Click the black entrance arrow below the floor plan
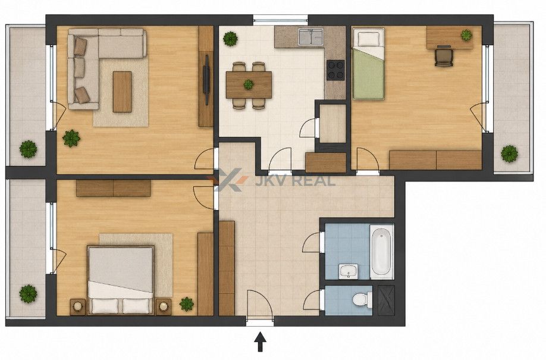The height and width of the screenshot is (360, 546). pyautogui.click(x=259, y=342)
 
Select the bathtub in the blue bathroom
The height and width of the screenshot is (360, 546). pyautogui.click(x=381, y=251)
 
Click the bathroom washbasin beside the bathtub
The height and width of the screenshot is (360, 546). pyautogui.click(x=348, y=271)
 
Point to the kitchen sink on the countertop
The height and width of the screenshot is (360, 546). pyautogui.click(x=310, y=37)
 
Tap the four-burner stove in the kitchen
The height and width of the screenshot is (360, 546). pyautogui.click(x=335, y=70)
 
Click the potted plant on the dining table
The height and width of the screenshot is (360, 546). pyautogui.click(x=248, y=84)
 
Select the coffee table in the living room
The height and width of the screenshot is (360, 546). pyautogui.click(x=122, y=92)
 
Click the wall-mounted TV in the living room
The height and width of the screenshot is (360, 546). pyautogui.click(x=206, y=80)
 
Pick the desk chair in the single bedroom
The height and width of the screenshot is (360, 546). pyautogui.click(x=444, y=56)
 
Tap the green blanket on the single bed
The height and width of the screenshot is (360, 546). pyautogui.click(x=368, y=73)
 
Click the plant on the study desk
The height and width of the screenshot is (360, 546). pyautogui.click(x=466, y=35)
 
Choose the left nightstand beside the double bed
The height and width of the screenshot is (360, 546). pyautogui.click(x=78, y=306)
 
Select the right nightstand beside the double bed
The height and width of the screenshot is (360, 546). pyautogui.click(x=164, y=306)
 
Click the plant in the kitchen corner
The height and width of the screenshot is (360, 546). pyautogui.click(x=231, y=39)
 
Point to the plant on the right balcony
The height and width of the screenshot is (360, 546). pyautogui.click(x=509, y=154)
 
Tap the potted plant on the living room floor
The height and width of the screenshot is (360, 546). pyautogui.click(x=71, y=138)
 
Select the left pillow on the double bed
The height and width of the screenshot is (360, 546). pyautogui.click(x=105, y=306)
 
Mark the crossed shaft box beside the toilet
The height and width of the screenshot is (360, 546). pyautogui.click(x=386, y=300)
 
